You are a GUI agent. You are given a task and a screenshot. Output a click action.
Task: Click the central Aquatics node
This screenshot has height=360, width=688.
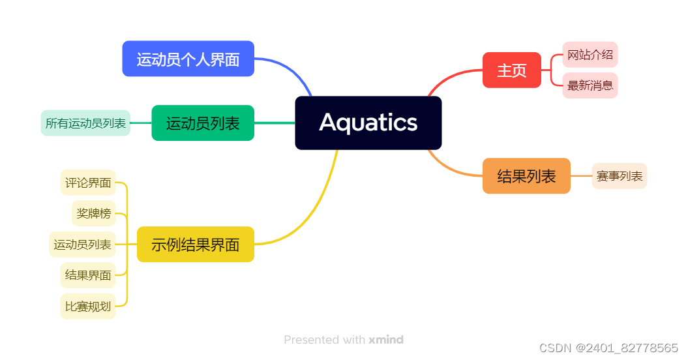[x=368, y=123]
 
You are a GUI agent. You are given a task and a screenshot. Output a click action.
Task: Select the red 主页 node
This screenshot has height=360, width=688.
[x=512, y=70]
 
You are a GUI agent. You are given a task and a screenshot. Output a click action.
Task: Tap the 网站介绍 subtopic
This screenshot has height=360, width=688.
[x=590, y=55]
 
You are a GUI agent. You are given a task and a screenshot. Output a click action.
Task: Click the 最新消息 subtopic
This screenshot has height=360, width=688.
[x=590, y=85]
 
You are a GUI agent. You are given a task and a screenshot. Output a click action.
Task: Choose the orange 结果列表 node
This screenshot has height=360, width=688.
[x=526, y=176]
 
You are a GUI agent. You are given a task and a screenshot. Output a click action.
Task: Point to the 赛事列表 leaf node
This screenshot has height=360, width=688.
[x=619, y=176]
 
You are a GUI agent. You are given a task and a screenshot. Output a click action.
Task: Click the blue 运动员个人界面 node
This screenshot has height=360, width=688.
[x=188, y=59]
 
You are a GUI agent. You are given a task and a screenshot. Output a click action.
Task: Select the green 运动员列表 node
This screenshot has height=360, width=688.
[x=203, y=123]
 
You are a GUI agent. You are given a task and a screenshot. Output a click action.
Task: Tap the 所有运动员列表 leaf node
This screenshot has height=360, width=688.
[x=85, y=123]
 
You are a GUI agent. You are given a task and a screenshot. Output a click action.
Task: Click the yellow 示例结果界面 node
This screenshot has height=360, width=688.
[x=195, y=245]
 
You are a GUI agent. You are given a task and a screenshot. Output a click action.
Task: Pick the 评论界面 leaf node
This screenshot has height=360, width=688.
[x=88, y=183]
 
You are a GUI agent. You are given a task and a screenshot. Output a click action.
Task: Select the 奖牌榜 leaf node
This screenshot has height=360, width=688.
[x=93, y=213]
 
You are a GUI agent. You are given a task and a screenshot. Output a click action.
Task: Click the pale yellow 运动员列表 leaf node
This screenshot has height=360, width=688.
[x=82, y=245]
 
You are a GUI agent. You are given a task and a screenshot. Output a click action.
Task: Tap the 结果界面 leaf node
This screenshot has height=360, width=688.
[x=88, y=275]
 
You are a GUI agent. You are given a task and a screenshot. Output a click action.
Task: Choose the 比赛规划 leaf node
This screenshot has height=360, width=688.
[x=88, y=307]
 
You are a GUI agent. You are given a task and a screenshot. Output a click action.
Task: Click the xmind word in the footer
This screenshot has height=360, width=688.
[x=386, y=340]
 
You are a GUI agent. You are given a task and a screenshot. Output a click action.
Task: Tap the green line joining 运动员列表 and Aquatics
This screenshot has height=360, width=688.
[x=274, y=123]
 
